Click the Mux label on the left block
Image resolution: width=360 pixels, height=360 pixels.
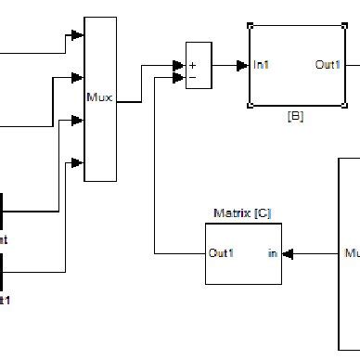[99, 96]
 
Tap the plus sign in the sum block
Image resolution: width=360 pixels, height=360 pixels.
[194, 65]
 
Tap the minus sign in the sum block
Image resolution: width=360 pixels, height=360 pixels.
[193, 78]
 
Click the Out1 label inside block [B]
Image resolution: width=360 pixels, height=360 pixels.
[328, 65]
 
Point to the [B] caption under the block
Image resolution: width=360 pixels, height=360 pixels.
[296, 118]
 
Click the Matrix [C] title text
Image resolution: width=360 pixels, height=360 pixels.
[242, 213]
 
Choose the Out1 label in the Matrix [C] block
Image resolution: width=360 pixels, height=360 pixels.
[221, 252]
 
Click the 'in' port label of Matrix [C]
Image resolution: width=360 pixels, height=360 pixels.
[272, 252]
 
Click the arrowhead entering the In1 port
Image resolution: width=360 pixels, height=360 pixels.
[244, 65]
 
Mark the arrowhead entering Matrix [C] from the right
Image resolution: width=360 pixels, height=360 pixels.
[287, 252]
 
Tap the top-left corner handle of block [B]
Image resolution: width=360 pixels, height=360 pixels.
[251, 25]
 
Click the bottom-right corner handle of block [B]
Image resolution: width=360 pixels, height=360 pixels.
[343, 106]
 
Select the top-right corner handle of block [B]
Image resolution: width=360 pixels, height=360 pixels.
[343, 25]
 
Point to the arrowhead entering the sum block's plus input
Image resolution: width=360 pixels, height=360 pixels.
[179, 65]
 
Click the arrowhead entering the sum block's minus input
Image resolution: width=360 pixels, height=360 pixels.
[179, 78]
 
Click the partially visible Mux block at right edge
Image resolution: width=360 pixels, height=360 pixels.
[349, 252]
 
